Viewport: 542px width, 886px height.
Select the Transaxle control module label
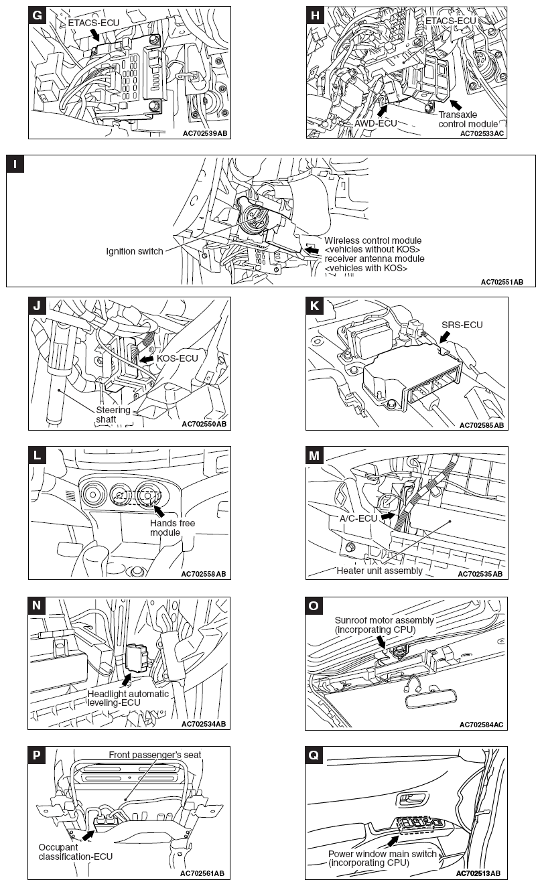468,119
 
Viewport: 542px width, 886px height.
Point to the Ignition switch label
135,251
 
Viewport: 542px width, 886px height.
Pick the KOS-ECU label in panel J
178,358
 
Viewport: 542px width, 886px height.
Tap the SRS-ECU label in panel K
462,325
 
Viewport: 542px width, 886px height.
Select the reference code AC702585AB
481,425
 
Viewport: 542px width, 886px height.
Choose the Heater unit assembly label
380,571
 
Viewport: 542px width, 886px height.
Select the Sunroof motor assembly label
384,625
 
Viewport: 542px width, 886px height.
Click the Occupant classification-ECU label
75,851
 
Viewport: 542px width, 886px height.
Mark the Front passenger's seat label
155,755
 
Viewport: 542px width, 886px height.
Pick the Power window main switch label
383,858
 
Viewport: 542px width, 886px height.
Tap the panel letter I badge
15,164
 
